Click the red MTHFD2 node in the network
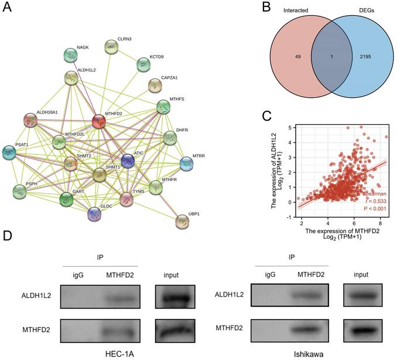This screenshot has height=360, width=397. (100, 122)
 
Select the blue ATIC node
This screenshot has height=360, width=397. (128, 160)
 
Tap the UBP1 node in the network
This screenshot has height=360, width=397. (183, 221)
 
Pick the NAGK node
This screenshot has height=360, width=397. (71, 56)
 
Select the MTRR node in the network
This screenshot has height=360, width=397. (186, 163)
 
